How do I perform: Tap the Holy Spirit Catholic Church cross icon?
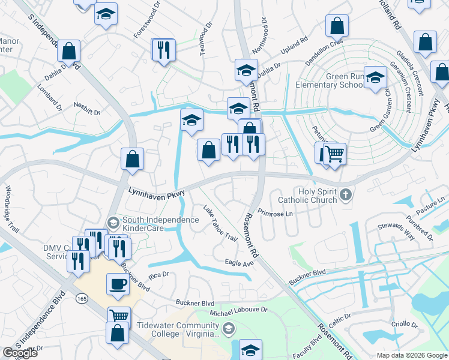(x=345, y=194)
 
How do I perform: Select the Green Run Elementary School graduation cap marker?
(x=376, y=78)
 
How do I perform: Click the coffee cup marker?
(x=118, y=284)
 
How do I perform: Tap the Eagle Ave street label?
(x=240, y=263)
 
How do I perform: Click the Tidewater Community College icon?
(x=228, y=328)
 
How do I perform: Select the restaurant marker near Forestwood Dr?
(x=163, y=49)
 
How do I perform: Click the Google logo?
(x=20, y=353)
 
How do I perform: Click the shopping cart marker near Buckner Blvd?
(x=119, y=317)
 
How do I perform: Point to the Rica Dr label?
(x=160, y=275)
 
